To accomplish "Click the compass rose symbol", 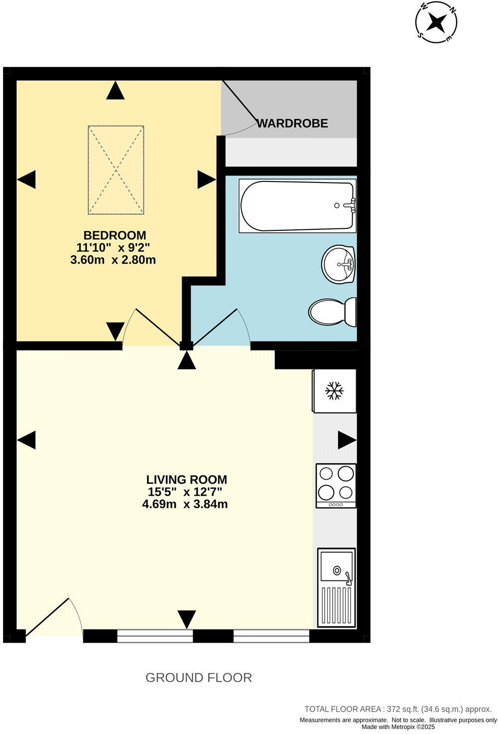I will pyautogui.click(x=437, y=22).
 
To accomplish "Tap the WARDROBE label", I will pyautogui.click(x=292, y=123).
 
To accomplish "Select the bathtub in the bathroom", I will pyautogui.click(x=297, y=205).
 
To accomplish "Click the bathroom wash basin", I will pyautogui.click(x=339, y=263).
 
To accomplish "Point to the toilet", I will pyautogui.click(x=332, y=312).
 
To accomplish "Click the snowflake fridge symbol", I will pyautogui.click(x=334, y=391).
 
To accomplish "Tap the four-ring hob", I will pyautogui.click(x=336, y=486).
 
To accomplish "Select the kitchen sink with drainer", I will pyautogui.click(x=337, y=587).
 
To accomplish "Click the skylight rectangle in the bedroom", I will pyautogui.click(x=116, y=170).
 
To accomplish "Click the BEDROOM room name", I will pyautogui.click(x=115, y=235).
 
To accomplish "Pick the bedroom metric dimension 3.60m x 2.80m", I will pyautogui.click(x=114, y=259).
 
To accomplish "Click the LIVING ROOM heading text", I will pyautogui.click(x=186, y=480).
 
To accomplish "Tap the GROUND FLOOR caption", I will pyautogui.click(x=198, y=678).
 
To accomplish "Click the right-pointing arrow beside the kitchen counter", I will pyautogui.click(x=347, y=440).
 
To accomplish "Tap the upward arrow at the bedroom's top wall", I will pyautogui.click(x=116, y=91).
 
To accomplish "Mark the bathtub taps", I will pyautogui.click(x=352, y=205).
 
